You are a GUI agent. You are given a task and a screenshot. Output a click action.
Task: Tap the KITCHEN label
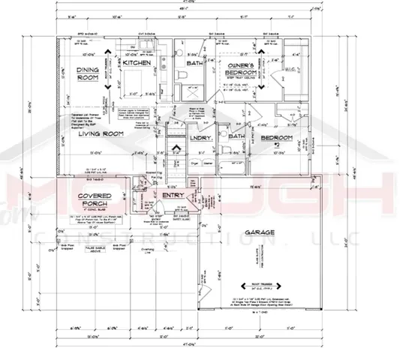point(137,65)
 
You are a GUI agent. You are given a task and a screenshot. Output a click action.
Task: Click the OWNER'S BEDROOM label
point(242,70)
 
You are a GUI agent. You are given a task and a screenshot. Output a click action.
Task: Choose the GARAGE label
point(260,232)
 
